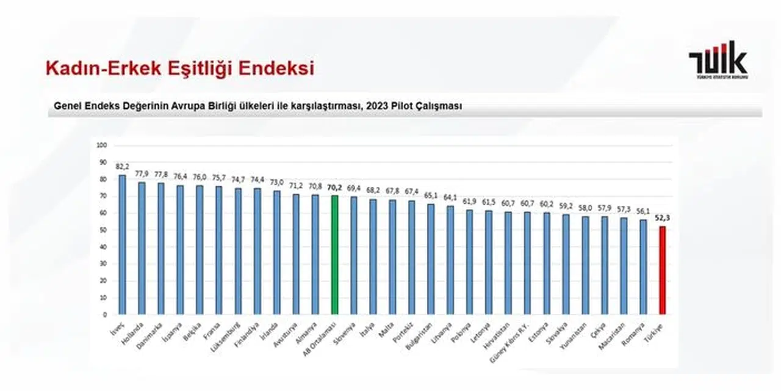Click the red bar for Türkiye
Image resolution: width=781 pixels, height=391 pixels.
point(662,270)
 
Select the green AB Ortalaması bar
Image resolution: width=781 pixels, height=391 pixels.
point(334,254)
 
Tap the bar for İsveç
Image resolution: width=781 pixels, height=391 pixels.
point(122,244)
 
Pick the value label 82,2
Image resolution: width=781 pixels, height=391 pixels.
point(122,166)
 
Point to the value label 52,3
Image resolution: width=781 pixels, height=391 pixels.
point(663,216)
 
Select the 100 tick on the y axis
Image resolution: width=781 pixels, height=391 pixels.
point(102,145)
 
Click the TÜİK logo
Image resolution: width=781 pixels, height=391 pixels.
point(718,60)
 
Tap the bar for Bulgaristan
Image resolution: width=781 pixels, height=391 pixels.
point(430,259)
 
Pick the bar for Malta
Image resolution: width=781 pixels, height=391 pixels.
point(392,257)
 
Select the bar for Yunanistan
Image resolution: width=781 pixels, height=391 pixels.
point(586,265)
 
